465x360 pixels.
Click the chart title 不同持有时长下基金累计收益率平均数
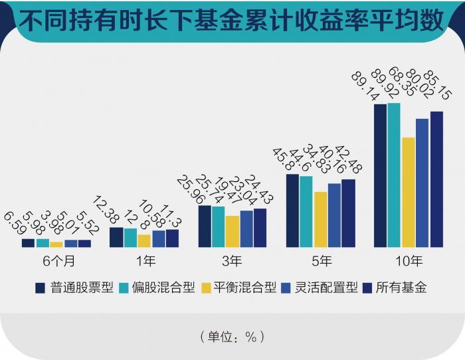(x=232, y=22)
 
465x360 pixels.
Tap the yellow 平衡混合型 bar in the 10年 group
(x=409, y=192)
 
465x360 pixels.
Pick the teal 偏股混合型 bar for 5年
(x=306, y=211)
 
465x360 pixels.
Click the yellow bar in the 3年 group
(x=232, y=231)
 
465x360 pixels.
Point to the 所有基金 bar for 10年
(x=436, y=179)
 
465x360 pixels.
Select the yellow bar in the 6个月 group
(x=56, y=244)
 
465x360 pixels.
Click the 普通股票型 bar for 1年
(x=116, y=237)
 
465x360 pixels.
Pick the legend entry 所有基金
(x=400, y=288)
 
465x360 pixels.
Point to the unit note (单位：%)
(x=232, y=336)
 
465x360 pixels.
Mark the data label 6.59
(x=15, y=225)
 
